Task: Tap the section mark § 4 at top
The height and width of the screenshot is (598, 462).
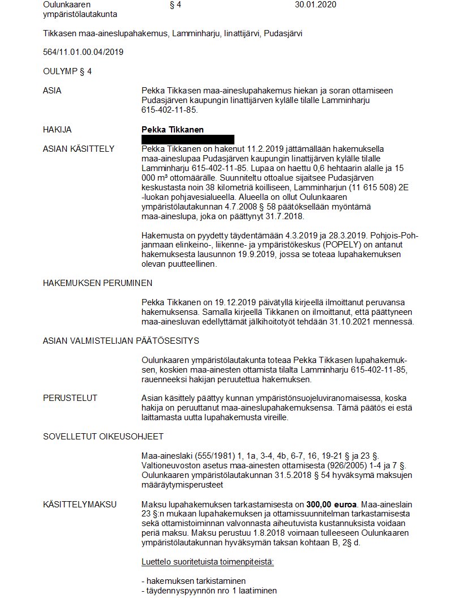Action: point(175,5)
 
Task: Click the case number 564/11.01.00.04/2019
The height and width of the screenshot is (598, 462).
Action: point(83,52)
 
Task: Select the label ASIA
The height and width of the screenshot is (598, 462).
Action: point(52,91)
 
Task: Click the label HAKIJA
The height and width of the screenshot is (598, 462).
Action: point(57,130)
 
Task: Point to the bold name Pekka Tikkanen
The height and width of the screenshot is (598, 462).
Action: point(172,130)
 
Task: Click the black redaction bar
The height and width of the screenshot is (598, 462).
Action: point(187,139)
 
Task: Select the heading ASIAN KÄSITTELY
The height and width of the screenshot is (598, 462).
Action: point(79,149)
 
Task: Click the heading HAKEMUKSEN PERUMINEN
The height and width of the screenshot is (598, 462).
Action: point(97,283)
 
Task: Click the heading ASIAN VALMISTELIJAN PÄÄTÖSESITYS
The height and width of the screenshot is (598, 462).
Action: point(121,341)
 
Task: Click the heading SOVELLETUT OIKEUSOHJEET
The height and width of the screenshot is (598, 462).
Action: point(104,437)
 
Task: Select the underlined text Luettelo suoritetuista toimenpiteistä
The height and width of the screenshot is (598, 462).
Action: point(208,562)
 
